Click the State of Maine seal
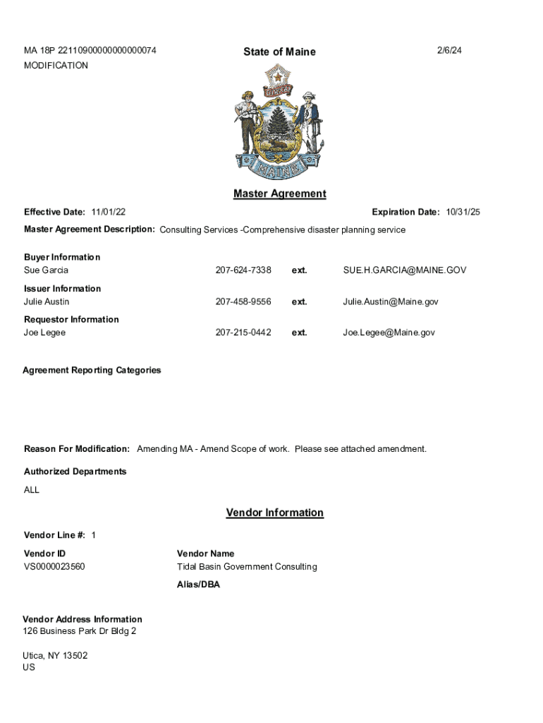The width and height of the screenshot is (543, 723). pyautogui.click(x=279, y=122)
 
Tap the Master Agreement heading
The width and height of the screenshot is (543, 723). pyautogui.click(x=279, y=193)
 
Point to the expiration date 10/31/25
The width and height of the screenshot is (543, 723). pyautogui.click(x=463, y=212)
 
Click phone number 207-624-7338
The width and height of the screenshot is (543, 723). pyautogui.click(x=243, y=270)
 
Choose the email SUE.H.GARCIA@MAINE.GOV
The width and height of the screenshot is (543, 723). pyautogui.click(x=404, y=270)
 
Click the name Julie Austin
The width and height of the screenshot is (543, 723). pyautogui.click(x=47, y=301)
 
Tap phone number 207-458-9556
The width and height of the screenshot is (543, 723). pyautogui.click(x=243, y=301)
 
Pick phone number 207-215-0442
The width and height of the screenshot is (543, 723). pyautogui.click(x=243, y=333)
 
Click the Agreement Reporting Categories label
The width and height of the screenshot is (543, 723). pyautogui.click(x=92, y=370)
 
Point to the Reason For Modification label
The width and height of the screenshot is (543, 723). pyautogui.click(x=77, y=449)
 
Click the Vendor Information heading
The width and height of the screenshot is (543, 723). pyautogui.click(x=274, y=513)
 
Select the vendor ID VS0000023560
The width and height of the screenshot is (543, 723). pyautogui.click(x=54, y=566)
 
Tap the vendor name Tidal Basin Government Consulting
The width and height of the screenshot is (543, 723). pyautogui.click(x=247, y=566)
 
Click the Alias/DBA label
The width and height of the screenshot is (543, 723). pyautogui.click(x=198, y=585)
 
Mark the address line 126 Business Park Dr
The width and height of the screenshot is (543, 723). pyautogui.click(x=80, y=631)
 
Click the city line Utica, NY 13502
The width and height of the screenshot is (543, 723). pyautogui.click(x=55, y=655)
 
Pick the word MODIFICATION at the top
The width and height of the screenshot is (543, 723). pyautogui.click(x=56, y=66)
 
